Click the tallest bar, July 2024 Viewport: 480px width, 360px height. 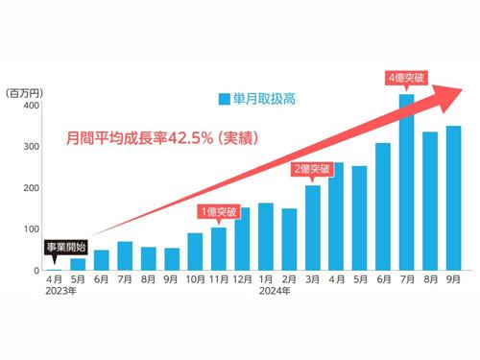click(x=406, y=182)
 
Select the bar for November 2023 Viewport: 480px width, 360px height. click(x=219, y=249)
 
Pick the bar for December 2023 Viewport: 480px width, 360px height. click(x=242, y=239)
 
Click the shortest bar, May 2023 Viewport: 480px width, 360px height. click(x=78, y=264)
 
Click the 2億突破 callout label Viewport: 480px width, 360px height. click(x=312, y=169)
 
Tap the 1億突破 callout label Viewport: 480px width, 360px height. click(x=219, y=211)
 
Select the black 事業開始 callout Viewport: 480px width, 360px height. click(x=64, y=247)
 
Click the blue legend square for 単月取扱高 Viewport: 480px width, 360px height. click(x=223, y=98)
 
